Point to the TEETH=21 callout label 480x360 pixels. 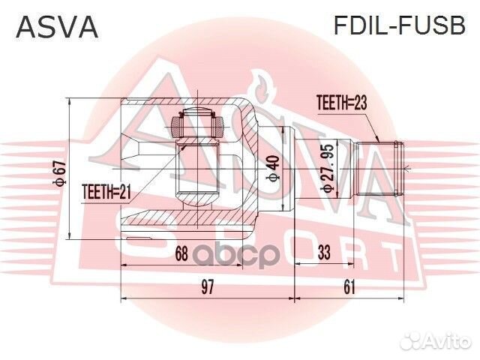click(x=106, y=193)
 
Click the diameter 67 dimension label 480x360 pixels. click(x=59, y=172)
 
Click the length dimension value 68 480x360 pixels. click(x=181, y=254)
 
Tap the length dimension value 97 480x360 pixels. click(x=208, y=286)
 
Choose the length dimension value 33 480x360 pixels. click(x=324, y=254)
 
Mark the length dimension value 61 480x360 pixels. click(x=349, y=286)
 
